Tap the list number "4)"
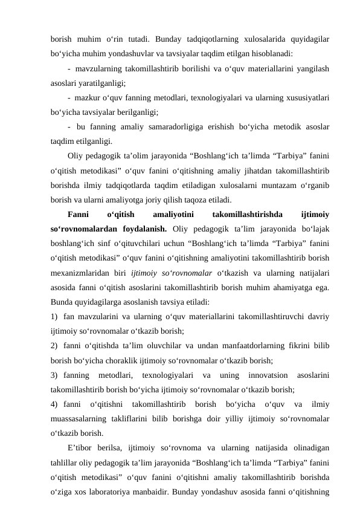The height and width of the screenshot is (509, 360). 55,403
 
